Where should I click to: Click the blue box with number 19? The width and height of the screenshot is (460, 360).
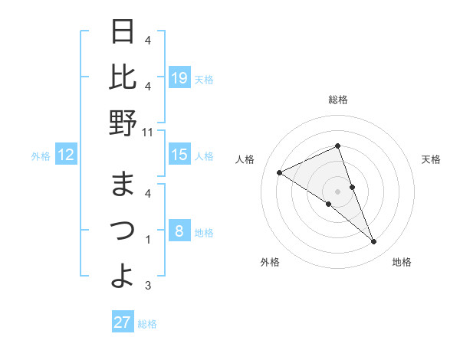(179, 78)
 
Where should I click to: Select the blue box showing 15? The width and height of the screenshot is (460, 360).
(179, 155)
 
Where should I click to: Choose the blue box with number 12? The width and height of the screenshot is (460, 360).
(66, 155)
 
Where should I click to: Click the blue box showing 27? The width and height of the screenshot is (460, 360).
(123, 322)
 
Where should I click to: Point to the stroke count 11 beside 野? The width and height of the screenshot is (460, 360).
(147, 132)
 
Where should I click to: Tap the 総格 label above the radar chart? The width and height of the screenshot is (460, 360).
(337, 100)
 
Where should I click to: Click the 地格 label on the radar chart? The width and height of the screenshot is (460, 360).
(402, 262)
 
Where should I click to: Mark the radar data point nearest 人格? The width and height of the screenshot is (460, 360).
(279, 173)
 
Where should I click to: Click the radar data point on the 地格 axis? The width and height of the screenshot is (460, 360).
(374, 242)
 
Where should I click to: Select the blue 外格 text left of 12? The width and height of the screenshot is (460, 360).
(41, 156)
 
